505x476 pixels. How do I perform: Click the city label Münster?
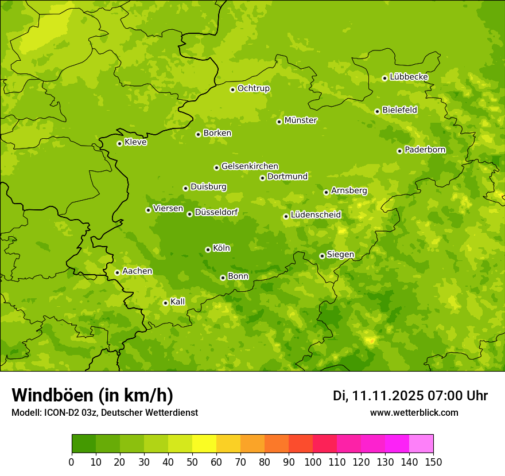click(x=300, y=120)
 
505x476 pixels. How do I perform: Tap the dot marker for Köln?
click(x=208, y=249)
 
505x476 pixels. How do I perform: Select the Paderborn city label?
click(x=425, y=150)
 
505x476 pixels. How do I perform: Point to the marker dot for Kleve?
click(x=119, y=143)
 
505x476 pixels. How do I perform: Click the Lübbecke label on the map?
click(x=409, y=77)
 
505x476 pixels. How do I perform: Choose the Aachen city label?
click(x=137, y=271)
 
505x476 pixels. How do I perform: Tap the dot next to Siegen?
click(x=322, y=256)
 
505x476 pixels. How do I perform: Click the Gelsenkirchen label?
click(x=250, y=166)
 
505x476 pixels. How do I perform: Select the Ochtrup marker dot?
click(x=232, y=89)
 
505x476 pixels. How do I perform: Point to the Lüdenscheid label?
click(x=316, y=215)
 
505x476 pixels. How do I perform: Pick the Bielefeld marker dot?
click(x=377, y=111)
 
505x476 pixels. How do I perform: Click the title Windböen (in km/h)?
click(x=92, y=395)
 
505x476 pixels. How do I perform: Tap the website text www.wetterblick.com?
click(x=414, y=412)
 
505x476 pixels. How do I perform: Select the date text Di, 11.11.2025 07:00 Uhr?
click(x=410, y=396)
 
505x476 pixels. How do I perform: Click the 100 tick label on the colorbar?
click(x=313, y=462)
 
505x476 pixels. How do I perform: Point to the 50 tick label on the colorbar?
click(x=192, y=462)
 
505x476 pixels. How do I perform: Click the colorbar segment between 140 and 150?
click(x=421, y=444)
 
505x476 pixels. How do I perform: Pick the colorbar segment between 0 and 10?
click(x=84, y=444)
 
